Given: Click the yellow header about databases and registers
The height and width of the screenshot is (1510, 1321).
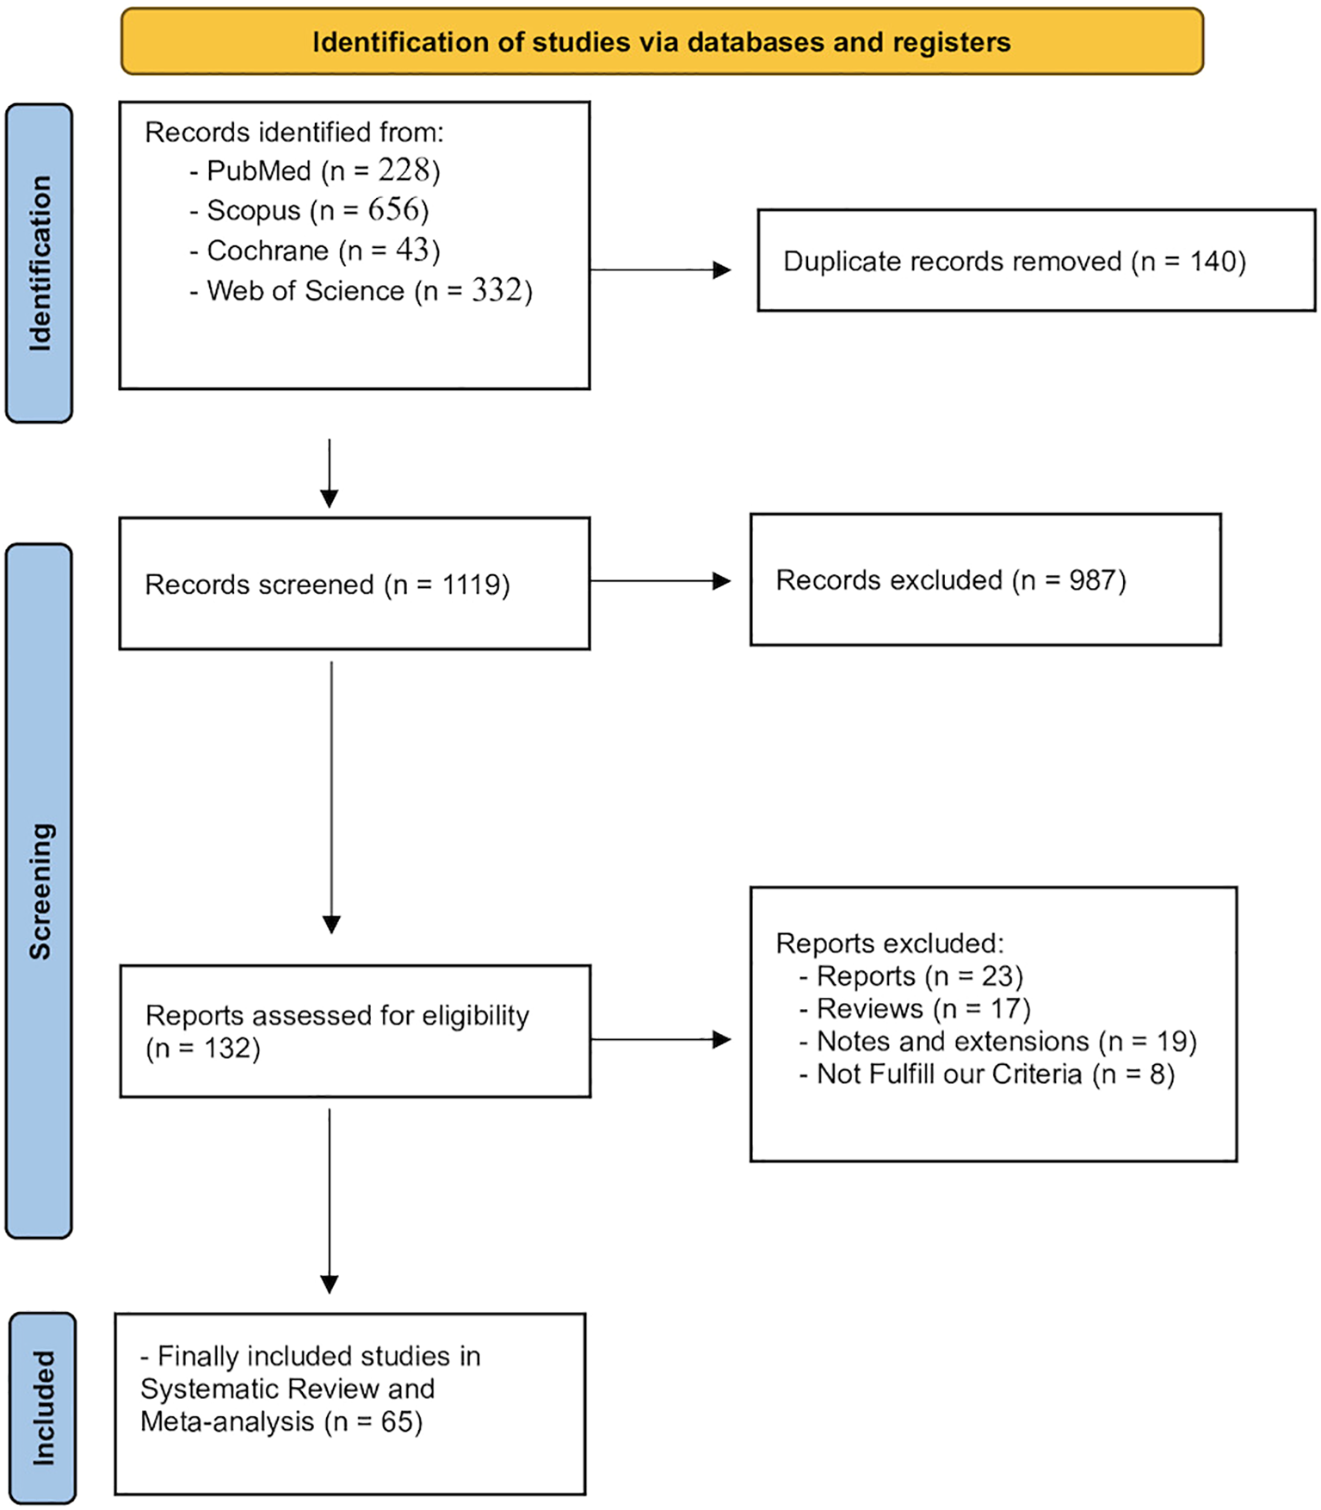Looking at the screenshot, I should pos(661,41).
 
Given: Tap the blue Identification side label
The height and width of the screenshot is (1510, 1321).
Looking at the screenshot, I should pos(40,263).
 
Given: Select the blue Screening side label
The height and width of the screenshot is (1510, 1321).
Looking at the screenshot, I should pos(40,890).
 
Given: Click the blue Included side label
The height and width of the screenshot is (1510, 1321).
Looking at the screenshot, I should pos(43,1408).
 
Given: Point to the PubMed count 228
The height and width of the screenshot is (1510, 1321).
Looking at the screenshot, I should pos(404,170).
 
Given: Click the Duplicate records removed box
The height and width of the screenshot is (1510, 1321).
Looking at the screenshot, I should pos(1035,261).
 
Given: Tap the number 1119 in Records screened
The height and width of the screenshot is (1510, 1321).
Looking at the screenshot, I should pos(471,585).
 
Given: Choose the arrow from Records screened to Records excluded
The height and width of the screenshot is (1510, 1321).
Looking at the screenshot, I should pos(660,581).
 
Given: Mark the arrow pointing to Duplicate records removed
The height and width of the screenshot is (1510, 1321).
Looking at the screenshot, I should pos(660,270).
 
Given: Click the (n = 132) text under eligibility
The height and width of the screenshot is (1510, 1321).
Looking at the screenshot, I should pos(203,1049).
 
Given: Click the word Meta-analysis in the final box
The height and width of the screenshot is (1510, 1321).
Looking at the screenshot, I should pos(227,1421).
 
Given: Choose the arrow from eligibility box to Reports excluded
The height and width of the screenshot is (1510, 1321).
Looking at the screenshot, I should pos(660,1040).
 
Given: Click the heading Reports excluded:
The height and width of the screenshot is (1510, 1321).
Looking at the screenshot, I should pos(889,943).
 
